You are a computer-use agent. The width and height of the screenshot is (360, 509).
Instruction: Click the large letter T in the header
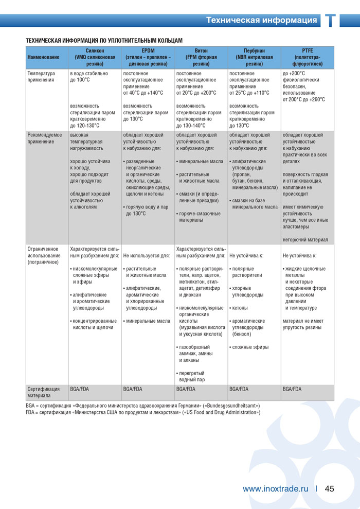[x=331, y=21]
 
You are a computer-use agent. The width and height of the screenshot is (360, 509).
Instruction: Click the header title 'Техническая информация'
[x=261, y=21]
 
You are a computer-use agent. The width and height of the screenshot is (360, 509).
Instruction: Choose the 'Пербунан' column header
[x=254, y=57]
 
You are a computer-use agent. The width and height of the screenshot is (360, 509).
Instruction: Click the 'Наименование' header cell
[x=43, y=57]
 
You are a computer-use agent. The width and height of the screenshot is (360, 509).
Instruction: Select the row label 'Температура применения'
[x=41, y=77]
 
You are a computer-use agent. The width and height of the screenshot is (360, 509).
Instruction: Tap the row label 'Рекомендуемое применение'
[x=44, y=138]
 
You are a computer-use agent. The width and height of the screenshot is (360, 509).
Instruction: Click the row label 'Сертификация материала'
[x=43, y=392]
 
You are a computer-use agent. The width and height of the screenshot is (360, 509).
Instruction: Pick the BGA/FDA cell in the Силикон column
[x=80, y=389]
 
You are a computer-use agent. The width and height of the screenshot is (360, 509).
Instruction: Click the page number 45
[x=330, y=488]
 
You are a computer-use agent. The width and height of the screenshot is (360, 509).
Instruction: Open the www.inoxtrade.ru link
[x=275, y=488]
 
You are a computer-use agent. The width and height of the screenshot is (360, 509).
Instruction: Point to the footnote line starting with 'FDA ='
[x=143, y=412]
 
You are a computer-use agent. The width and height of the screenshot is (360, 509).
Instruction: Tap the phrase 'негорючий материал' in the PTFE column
[x=305, y=240]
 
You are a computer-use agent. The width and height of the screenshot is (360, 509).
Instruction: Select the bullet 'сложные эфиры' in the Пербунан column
[x=249, y=347]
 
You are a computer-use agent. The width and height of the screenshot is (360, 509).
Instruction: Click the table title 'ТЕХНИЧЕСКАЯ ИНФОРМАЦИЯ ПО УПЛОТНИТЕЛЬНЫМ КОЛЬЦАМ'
[x=104, y=40]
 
